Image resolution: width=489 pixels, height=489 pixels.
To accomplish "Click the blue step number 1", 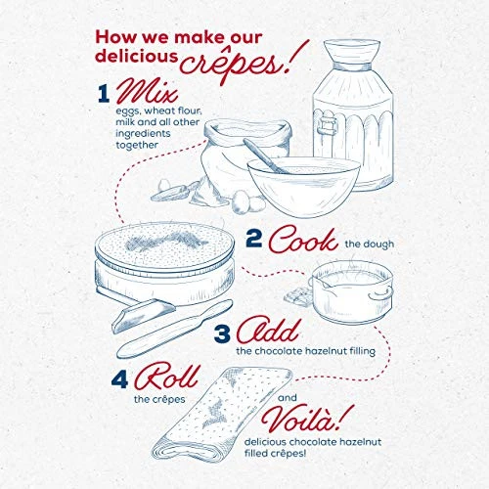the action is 104,94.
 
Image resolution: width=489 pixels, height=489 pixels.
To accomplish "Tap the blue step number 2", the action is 253,239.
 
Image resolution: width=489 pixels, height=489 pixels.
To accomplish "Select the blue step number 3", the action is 222,333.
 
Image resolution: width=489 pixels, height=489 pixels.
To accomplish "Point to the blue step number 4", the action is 119,379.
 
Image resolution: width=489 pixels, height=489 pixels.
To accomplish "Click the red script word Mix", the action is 148,91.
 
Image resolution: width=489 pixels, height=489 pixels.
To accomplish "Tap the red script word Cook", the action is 303,240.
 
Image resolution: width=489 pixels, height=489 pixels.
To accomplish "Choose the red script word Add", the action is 268,331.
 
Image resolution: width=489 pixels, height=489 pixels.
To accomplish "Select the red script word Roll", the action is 167,378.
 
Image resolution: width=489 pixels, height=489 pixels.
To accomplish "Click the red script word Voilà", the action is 302,419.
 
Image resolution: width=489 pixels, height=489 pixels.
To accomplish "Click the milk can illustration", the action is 353,114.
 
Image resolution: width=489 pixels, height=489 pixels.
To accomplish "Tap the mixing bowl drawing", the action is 304,187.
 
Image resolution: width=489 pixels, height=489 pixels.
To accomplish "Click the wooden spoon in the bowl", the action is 265,156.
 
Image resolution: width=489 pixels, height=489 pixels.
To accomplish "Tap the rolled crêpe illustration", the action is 222,414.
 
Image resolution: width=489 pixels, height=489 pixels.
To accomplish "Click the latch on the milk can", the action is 327,124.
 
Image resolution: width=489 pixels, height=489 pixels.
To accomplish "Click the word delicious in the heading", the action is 137,56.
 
